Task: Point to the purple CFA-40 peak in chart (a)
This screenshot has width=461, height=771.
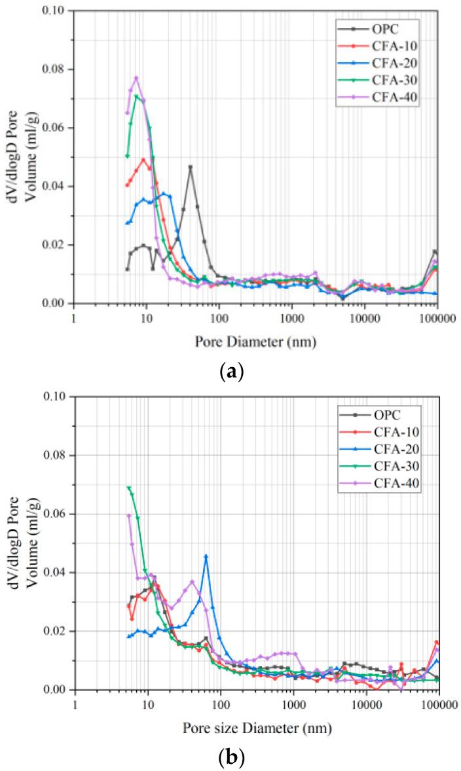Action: pos(136,78)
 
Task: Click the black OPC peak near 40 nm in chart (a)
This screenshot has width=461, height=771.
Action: pos(191,167)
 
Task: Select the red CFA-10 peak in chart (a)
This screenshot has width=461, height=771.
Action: pos(143,160)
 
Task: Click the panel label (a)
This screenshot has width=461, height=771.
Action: pos(232,372)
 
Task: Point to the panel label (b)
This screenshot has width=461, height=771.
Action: pos(232,759)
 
